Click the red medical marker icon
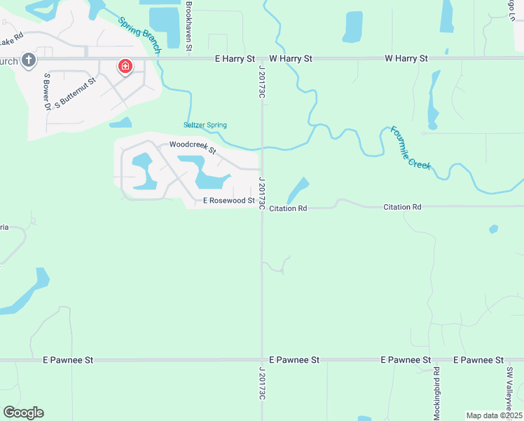point(125,67)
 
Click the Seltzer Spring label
point(205,125)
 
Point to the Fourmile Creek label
point(411,147)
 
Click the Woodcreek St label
point(193,147)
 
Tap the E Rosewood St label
point(228,201)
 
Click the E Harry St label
point(235,59)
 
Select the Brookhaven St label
point(189,27)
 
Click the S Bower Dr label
point(47,91)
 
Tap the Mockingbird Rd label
point(436,393)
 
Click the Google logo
point(23,413)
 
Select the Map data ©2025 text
point(493,415)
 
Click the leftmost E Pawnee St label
point(68,360)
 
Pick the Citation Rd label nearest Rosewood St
point(288,208)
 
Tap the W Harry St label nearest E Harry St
point(290,59)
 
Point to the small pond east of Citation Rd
point(494,229)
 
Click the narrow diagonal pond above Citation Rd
point(298,189)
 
